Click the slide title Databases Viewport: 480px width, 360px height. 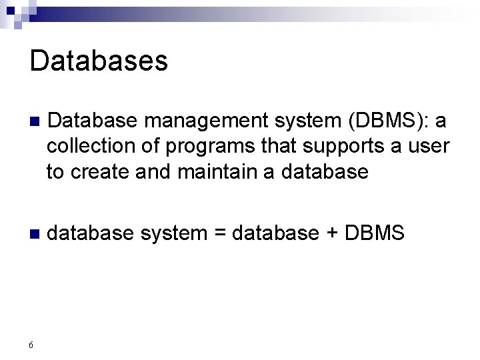(99, 61)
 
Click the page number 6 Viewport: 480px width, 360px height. (31, 345)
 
